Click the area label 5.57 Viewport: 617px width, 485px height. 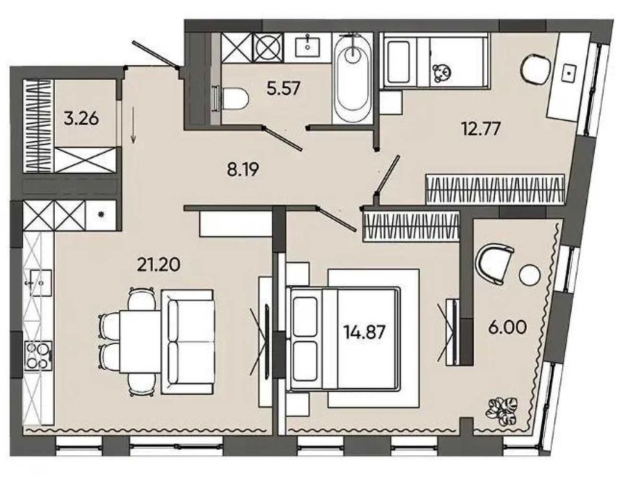(x=283, y=88)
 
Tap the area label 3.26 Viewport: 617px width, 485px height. (x=81, y=118)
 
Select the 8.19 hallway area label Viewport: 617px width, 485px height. (x=243, y=170)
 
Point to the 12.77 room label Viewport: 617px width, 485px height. (x=481, y=128)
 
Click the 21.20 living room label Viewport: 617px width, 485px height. (x=158, y=265)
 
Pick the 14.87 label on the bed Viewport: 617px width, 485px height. (x=364, y=332)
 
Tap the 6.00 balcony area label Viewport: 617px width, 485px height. (x=507, y=327)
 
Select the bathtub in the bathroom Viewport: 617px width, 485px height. (x=353, y=78)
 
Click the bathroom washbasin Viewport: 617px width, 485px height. (x=307, y=46)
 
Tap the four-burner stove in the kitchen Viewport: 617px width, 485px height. (x=38, y=356)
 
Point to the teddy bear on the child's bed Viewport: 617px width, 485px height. (x=442, y=73)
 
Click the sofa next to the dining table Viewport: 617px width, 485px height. (x=187, y=341)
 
